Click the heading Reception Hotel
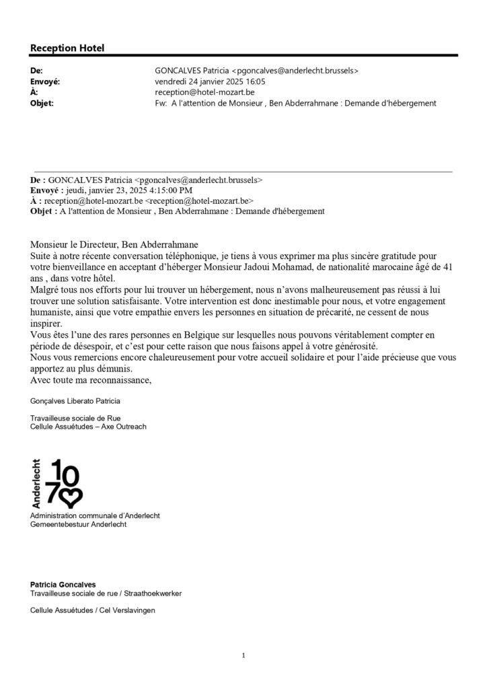(67, 48)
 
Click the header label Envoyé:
(45, 81)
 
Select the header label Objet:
(42, 103)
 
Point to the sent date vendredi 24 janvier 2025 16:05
(210, 81)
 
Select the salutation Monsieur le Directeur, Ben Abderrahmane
(114, 245)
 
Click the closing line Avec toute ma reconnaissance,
(91, 380)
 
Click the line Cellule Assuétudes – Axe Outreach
(88, 427)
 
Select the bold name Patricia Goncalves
(63, 585)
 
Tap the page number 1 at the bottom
(243, 655)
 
